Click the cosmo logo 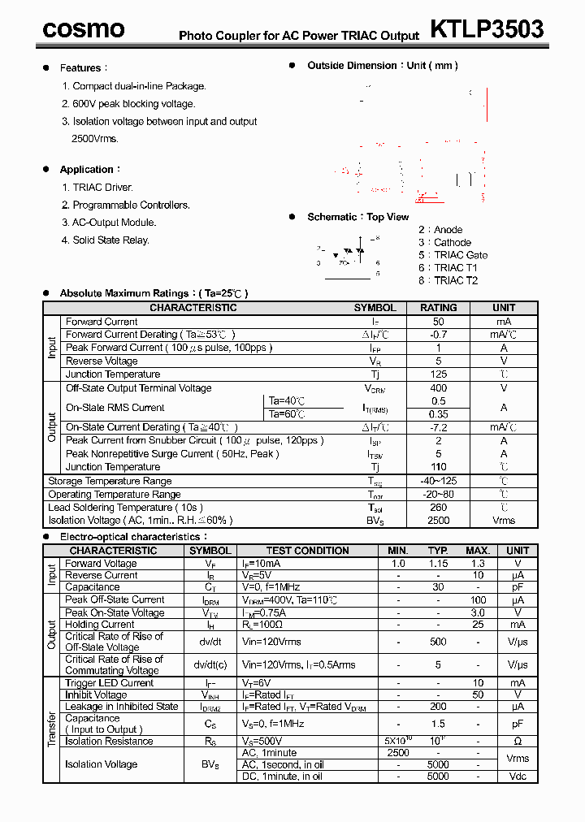pos(84,29)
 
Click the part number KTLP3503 pos(486,29)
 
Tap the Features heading pos(80,68)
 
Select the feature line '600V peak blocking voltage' pos(134,104)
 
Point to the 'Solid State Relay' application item pos(110,240)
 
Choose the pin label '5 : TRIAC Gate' pos(453,255)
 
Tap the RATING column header pos(438,308)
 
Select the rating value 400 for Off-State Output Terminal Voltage pos(438,388)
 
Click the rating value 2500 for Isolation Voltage pos(438,521)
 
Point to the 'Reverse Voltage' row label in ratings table pos(102,361)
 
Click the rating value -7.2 pos(438,427)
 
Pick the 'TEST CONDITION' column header pos(308,551)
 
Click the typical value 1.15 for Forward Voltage pos(438,563)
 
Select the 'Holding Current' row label pos(100,625)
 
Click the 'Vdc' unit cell pos(518,777)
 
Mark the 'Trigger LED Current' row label pos(110,683)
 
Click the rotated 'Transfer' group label pos(52,729)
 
